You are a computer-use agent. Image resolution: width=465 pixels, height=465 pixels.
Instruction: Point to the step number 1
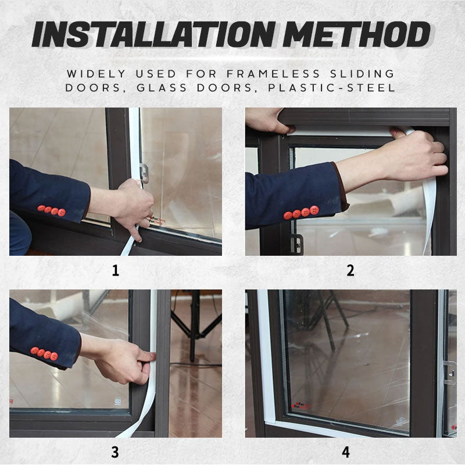click(x=115, y=271)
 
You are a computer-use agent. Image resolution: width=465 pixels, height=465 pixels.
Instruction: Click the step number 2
click(x=350, y=271)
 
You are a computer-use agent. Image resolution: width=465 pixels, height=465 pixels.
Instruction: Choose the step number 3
click(x=115, y=452)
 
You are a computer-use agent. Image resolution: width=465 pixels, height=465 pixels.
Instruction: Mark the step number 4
click(x=346, y=452)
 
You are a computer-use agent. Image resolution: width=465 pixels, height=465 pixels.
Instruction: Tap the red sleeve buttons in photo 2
click(x=301, y=213)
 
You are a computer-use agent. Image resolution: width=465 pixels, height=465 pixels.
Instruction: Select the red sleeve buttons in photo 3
click(x=44, y=353)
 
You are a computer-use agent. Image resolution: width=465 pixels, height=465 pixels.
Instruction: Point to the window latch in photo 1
click(x=144, y=173)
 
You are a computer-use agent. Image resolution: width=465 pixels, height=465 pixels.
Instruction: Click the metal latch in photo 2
click(x=296, y=244)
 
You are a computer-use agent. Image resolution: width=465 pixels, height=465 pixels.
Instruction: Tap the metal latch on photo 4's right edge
click(x=449, y=373)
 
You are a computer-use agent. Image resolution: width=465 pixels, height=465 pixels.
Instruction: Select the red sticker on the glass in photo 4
click(x=302, y=406)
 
